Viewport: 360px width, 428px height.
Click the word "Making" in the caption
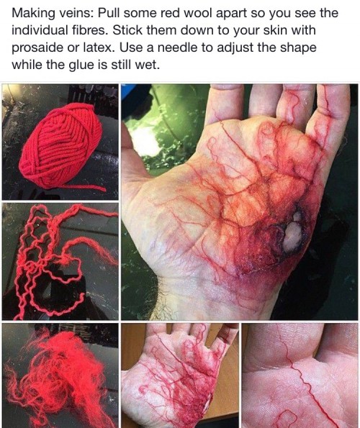coord(33,14)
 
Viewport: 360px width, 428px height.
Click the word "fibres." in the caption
coord(89,30)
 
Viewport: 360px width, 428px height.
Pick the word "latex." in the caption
coord(97,47)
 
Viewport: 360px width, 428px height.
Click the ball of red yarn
coord(61,145)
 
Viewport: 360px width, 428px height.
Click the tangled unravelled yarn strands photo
coord(60,261)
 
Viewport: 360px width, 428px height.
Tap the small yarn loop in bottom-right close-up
coord(287,417)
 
